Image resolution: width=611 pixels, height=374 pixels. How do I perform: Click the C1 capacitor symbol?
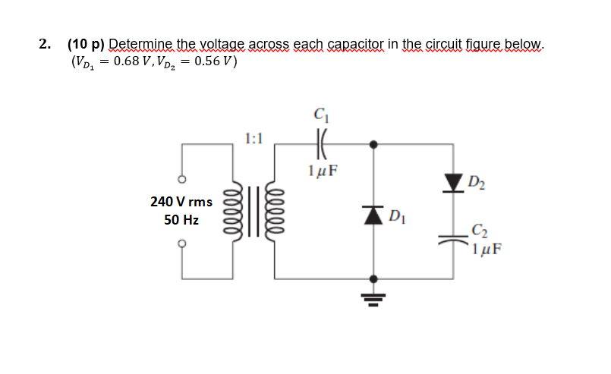[318, 142]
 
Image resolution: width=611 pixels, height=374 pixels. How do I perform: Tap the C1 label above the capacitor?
[319, 116]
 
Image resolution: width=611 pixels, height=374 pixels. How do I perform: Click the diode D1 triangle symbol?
[373, 215]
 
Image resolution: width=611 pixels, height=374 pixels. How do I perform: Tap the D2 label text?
[477, 181]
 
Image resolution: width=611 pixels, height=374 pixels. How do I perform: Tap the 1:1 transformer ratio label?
[254, 138]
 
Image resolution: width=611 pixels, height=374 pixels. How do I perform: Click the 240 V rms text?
[181, 202]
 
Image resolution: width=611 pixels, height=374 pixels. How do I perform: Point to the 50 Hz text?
[181, 220]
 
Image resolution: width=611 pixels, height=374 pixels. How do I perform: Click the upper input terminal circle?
[181, 180]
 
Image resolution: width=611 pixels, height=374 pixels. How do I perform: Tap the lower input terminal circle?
[181, 244]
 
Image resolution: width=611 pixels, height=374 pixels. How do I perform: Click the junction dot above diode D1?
[373, 142]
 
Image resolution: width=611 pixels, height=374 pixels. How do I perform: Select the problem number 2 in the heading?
[43, 44]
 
